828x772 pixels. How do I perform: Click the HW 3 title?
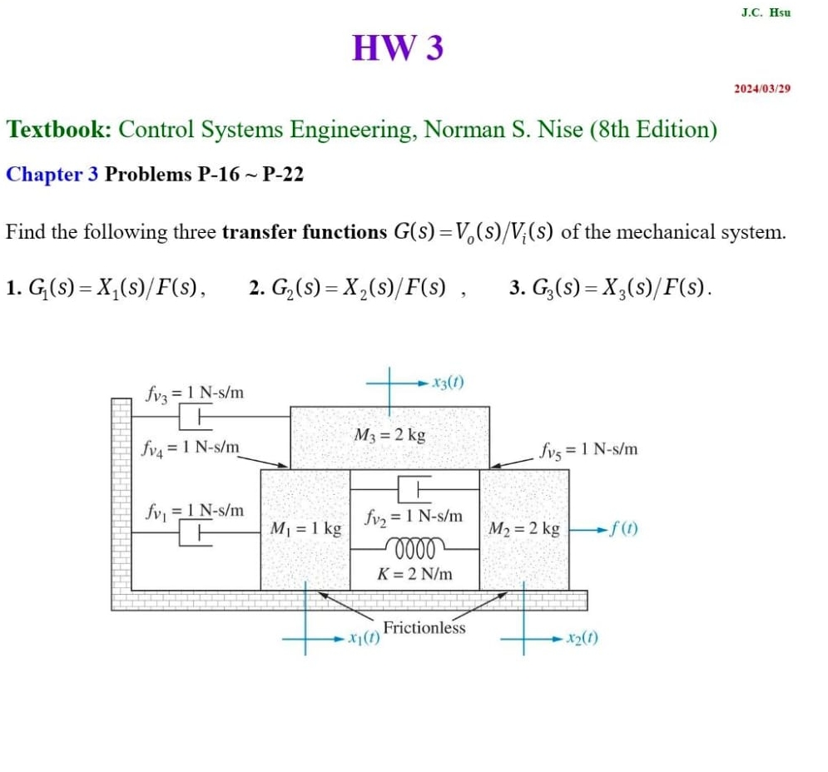398,48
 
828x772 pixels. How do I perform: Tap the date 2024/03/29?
761,88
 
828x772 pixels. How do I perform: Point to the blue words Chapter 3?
52,175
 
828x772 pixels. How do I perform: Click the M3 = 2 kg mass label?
389,434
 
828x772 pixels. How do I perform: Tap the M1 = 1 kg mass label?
306,528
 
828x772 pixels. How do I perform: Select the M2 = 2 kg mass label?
524,528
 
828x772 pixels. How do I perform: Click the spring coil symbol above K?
414,548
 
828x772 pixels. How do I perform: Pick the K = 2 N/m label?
414,573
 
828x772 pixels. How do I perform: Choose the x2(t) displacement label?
581,638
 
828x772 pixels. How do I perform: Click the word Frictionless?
424,628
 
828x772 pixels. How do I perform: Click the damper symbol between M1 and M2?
414,487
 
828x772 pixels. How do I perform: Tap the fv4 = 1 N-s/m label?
191,450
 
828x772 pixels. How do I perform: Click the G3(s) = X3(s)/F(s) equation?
611,289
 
